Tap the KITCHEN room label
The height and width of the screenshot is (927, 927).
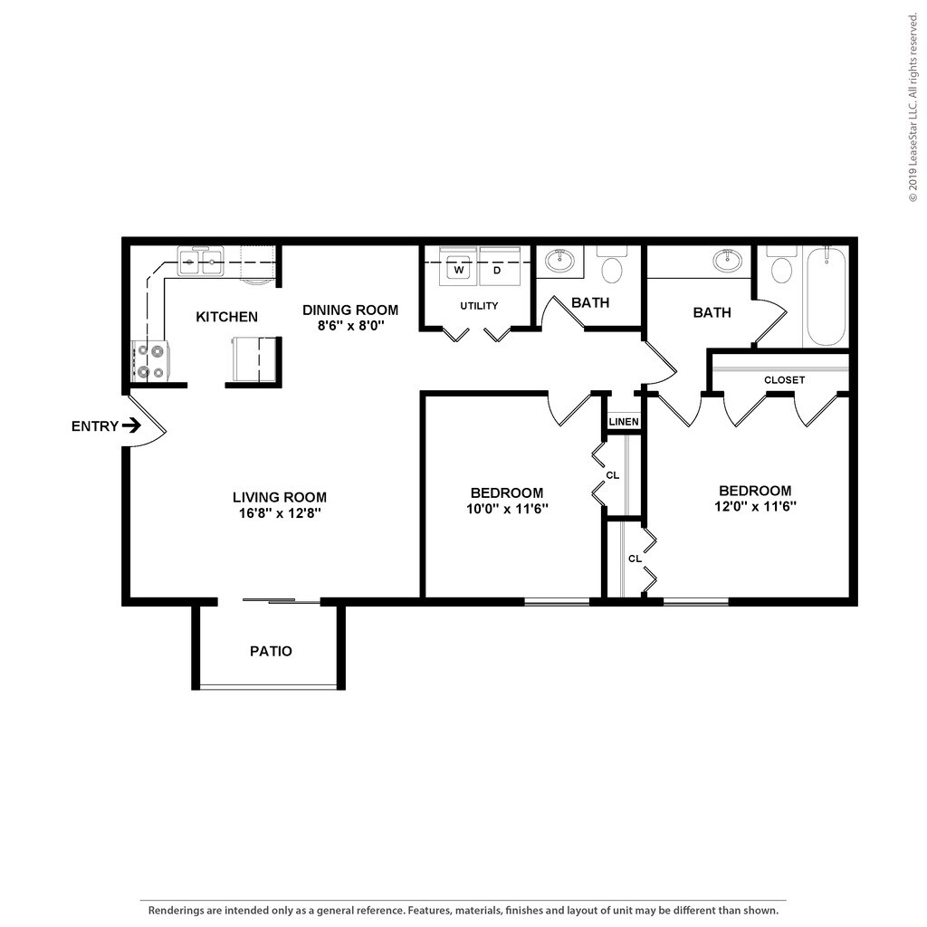(227, 317)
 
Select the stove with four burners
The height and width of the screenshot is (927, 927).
(148, 359)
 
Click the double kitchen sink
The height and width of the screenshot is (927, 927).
(200, 263)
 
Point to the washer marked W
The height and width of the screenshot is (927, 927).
(459, 269)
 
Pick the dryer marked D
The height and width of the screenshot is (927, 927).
(497, 269)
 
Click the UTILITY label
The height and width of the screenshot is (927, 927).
(479, 306)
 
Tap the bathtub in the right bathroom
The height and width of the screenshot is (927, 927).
(826, 296)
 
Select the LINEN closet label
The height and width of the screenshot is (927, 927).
(624, 422)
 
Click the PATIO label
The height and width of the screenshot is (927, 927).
(271, 651)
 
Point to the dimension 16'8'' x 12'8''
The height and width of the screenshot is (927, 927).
(280, 512)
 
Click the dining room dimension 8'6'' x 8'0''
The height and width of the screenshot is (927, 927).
(349, 325)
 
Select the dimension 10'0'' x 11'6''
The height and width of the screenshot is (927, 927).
(507, 509)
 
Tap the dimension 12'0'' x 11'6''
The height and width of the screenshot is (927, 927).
(754, 506)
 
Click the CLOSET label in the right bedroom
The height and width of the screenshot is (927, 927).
(784, 380)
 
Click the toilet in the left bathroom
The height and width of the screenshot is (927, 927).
(614, 268)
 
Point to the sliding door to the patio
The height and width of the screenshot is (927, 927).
(282, 599)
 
